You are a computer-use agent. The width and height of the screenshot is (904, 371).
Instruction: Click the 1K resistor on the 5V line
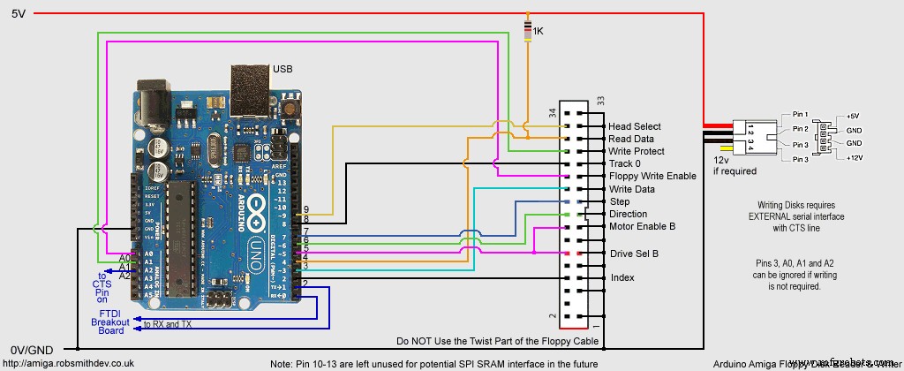point(528,31)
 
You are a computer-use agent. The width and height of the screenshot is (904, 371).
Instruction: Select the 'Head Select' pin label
point(634,127)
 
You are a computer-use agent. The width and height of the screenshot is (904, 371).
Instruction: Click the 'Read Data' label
point(632,140)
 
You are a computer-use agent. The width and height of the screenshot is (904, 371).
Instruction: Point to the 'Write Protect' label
point(637,152)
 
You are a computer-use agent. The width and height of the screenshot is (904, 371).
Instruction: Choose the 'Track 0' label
point(626,164)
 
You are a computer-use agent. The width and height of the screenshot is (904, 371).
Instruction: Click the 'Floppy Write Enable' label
point(652,177)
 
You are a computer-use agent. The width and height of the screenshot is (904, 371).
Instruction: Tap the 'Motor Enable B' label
point(642,226)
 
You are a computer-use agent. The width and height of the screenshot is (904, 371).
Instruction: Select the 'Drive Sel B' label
point(632,254)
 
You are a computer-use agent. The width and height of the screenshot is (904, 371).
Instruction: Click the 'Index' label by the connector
point(621,278)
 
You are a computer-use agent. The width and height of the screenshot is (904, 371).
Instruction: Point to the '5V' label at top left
point(18,13)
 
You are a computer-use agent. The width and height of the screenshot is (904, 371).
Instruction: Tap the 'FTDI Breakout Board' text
point(109,322)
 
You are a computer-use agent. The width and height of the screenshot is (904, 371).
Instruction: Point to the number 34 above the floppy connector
point(553,112)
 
